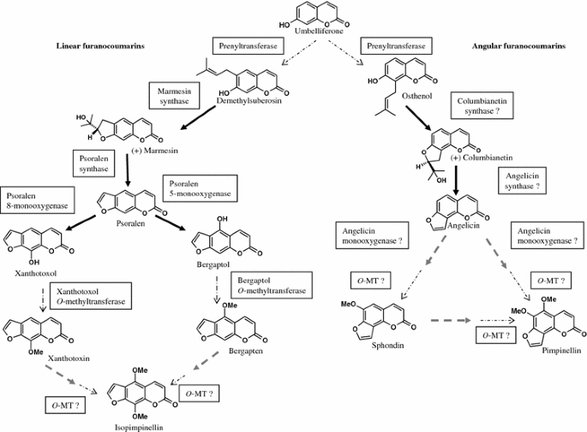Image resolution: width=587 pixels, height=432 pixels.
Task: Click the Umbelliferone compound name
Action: [x=319, y=32]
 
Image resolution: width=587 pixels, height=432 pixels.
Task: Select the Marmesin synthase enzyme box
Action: [x=174, y=96]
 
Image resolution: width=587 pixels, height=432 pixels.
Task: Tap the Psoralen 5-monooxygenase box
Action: [x=200, y=188]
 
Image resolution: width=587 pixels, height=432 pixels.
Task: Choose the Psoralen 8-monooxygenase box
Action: [x=38, y=200]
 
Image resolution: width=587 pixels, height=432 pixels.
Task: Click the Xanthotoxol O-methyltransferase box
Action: [x=91, y=296]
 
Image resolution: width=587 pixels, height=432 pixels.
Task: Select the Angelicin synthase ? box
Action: [x=522, y=180]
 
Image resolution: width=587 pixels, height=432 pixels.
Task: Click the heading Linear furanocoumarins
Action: [x=100, y=46]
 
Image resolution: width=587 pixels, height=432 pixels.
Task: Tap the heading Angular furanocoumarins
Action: [x=518, y=46]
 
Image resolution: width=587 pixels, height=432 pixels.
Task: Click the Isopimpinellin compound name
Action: [x=139, y=428]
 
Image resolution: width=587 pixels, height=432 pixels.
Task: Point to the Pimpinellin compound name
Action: [x=561, y=351]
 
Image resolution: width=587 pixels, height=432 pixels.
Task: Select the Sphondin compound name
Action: [x=387, y=346]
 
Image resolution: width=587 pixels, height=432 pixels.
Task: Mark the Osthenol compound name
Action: [x=416, y=96]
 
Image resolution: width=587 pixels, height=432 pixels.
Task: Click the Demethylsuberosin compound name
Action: [x=249, y=101]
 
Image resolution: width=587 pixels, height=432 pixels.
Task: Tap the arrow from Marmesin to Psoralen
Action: [x=128, y=170]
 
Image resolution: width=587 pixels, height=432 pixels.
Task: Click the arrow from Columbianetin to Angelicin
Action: [x=456, y=180]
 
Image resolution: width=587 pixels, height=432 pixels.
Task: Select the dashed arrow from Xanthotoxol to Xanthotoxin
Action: [x=43, y=299]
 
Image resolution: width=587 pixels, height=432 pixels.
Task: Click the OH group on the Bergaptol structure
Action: [x=222, y=219]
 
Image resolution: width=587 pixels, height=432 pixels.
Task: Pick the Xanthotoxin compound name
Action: [x=69, y=358]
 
